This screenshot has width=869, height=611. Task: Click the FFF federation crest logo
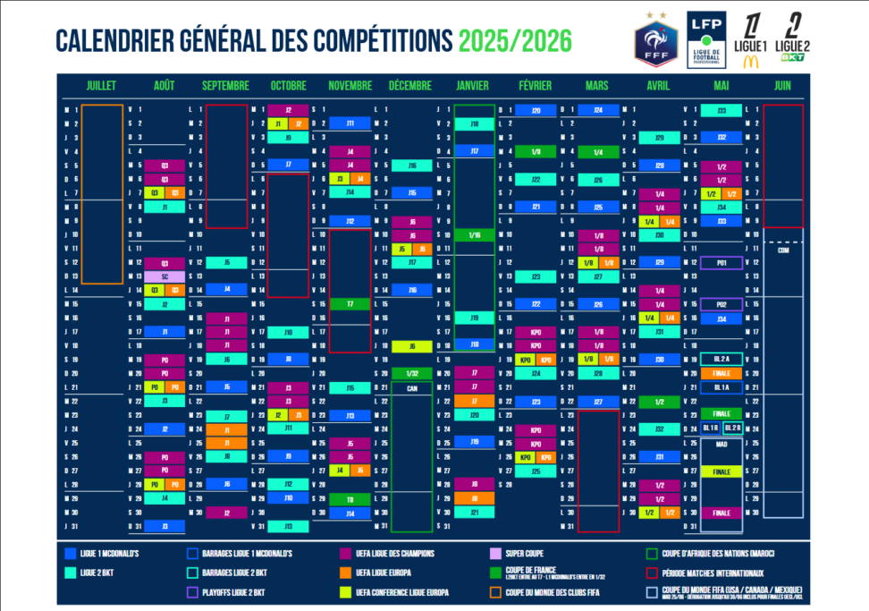click(x=656, y=40)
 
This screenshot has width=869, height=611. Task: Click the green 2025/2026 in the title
click(x=515, y=40)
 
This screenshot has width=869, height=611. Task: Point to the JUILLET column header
click(x=101, y=86)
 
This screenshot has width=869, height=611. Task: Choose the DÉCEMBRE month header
click(x=410, y=86)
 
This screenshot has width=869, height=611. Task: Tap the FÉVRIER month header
click(x=535, y=86)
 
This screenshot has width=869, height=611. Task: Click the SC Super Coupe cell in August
click(x=165, y=276)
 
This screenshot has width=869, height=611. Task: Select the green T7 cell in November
click(x=350, y=304)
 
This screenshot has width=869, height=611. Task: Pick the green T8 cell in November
click(x=350, y=499)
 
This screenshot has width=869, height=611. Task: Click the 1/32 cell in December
click(x=411, y=374)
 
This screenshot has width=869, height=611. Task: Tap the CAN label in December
click(x=411, y=387)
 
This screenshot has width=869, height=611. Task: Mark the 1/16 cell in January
click(x=474, y=234)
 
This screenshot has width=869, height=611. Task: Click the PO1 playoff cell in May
click(x=721, y=263)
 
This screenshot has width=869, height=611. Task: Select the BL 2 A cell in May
click(x=721, y=360)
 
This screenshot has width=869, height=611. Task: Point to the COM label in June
click(x=783, y=250)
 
